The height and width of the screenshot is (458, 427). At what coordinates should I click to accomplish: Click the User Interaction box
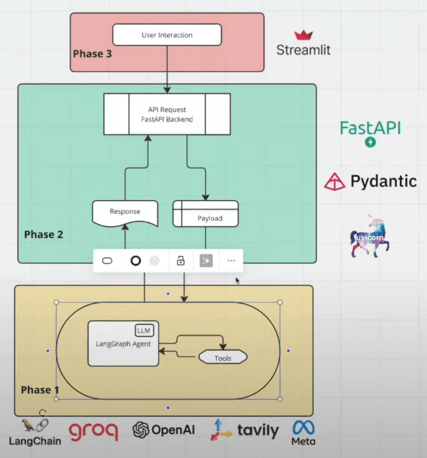tap(167, 35)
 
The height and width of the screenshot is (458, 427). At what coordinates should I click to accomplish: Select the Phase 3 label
tap(92, 54)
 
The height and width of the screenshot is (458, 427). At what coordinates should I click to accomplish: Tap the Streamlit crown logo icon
tap(303, 35)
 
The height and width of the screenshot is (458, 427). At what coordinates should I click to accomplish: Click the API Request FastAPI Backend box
tap(167, 114)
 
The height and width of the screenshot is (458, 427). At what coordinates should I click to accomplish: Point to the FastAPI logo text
tap(370, 128)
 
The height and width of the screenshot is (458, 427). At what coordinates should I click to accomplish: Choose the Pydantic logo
tap(370, 181)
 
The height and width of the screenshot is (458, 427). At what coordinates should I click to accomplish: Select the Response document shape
tap(125, 212)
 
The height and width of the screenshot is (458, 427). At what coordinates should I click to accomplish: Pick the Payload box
tap(205, 214)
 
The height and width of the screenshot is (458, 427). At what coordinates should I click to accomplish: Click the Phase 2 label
tap(44, 234)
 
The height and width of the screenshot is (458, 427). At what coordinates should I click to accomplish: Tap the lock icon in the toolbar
tap(181, 261)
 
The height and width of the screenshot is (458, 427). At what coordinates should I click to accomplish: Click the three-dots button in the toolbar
tap(231, 261)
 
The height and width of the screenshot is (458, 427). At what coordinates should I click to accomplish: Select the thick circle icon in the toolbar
tap(135, 261)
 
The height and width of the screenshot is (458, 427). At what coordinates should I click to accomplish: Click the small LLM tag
tap(144, 331)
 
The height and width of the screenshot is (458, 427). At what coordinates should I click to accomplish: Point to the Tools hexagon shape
tap(223, 358)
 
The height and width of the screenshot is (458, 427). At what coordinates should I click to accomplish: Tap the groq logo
tap(94, 431)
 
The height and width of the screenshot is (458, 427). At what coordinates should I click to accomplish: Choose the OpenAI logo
tap(164, 430)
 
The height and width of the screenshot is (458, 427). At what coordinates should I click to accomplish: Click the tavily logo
tap(244, 431)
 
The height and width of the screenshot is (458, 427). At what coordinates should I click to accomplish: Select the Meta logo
tap(303, 432)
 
